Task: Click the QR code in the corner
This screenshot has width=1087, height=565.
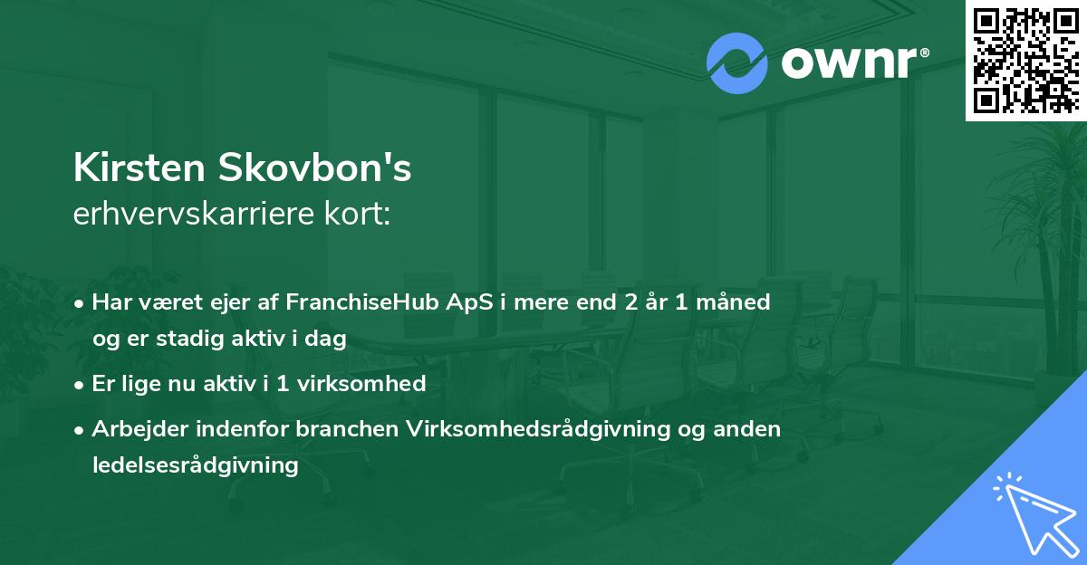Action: [1025, 60]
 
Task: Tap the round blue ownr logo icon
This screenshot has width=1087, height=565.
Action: [737, 63]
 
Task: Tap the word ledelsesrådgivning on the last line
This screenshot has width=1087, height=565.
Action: [195, 465]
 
